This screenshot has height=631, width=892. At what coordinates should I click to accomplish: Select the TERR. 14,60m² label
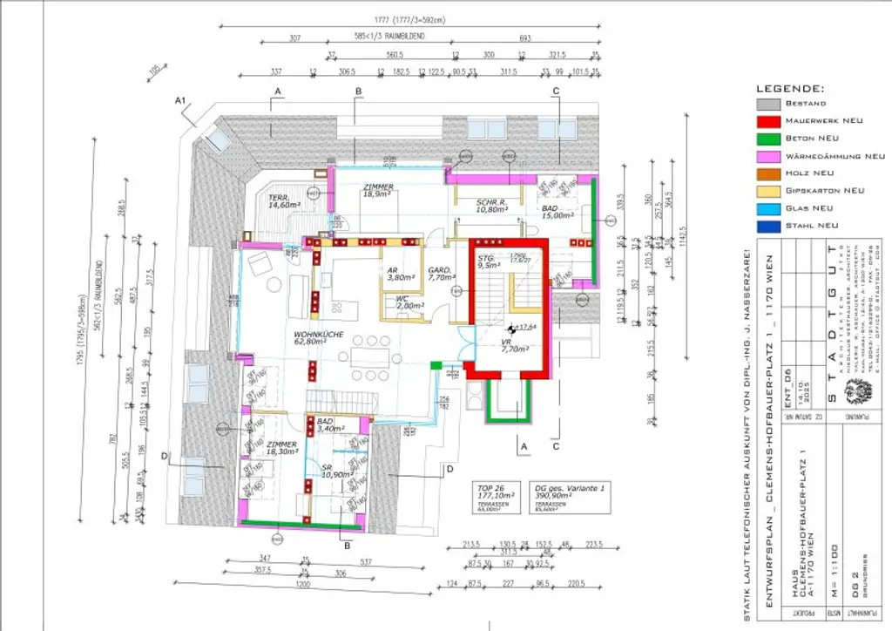click(x=283, y=201)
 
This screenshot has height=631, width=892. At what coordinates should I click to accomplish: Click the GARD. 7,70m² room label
click(x=439, y=275)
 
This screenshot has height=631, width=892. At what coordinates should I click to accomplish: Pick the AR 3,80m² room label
click(x=398, y=274)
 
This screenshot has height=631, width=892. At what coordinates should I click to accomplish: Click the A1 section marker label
click(x=181, y=101)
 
